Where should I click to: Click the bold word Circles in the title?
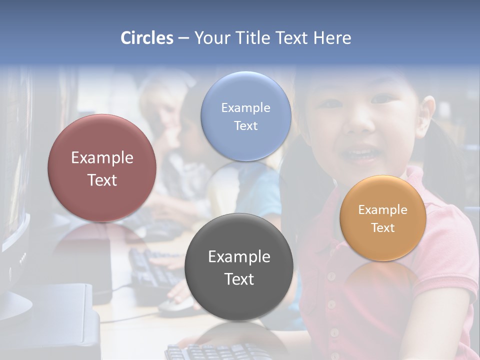point(147,38)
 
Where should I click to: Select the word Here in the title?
point(332,38)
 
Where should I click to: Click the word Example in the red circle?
point(102,158)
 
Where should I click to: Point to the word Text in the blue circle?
point(245,125)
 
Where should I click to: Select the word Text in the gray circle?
point(239,279)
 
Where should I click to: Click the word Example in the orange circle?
point(382,210)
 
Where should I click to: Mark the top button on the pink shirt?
point(331,276)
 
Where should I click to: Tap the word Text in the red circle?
point(102,180)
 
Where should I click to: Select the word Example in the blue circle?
point(245,108)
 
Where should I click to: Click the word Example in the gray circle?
point(239,257)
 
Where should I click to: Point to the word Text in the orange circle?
point(382,228)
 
